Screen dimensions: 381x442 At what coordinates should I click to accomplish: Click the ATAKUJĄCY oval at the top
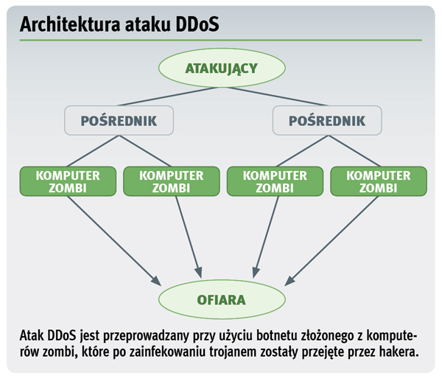point(220,69)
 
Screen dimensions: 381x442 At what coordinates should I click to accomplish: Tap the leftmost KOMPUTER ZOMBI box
point(67,181)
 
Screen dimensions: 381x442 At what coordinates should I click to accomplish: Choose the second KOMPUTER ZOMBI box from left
point(171,181)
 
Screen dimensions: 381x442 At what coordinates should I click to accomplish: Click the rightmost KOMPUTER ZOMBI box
point(377,181)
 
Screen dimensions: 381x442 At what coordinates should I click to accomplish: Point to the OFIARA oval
point(220,300)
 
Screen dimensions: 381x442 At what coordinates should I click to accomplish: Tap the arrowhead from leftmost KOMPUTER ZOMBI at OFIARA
point(157,282)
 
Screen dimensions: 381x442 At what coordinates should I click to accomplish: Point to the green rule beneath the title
point(220,41)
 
